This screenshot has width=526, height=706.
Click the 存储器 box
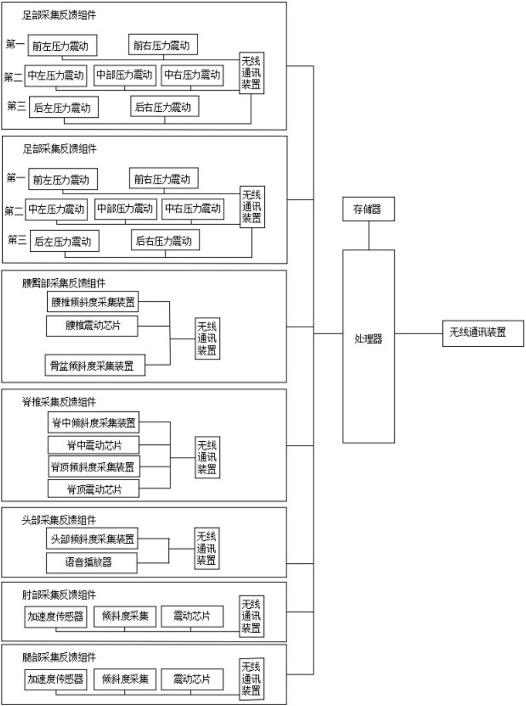369,209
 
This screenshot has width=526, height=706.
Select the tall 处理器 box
369,346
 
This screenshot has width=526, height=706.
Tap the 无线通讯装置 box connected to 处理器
483,333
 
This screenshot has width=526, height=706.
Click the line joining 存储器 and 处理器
369,235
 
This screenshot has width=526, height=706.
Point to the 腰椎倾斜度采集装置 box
93,301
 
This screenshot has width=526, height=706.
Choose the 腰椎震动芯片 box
92,326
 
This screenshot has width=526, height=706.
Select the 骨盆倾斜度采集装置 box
95,365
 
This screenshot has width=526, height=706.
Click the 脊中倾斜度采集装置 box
93,422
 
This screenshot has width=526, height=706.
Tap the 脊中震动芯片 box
93,444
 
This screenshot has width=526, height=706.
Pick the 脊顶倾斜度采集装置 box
94,467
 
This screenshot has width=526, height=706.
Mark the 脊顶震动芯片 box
93,489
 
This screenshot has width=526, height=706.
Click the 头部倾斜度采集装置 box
92,538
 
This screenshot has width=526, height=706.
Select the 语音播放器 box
92,563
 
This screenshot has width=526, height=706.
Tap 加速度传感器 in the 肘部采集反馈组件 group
56,616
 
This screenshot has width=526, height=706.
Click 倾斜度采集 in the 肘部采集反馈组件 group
125,616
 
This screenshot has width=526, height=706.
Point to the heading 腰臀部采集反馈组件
64,283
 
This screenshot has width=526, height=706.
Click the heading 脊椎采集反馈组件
59,402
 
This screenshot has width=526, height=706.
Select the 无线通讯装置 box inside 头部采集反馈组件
207,549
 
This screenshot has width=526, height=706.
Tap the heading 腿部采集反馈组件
59,657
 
